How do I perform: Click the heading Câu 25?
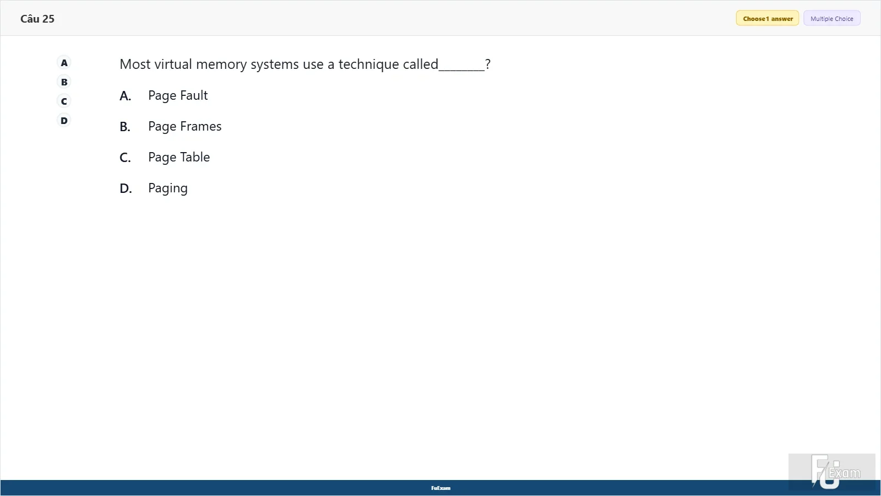tap(37, 19)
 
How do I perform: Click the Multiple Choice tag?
tap(832, 19)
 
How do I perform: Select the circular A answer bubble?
tap(64, 63)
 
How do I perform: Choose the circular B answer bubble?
tap(64, 82)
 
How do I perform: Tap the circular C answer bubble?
tap(64, 101)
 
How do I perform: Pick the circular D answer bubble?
tap(64, 121)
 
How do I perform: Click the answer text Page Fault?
tap(178, 96)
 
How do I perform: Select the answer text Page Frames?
tap(185, 127)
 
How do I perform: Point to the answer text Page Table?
tap(179, 158)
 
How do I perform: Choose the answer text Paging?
tap(168, 188)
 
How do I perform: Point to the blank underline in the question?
tap(462, 70)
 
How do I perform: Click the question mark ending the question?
tap(488, 64)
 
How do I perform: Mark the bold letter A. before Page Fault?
tap(126, 96)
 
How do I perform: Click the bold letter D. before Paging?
tap(126, 188)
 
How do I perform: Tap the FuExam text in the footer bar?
tap(441, 488)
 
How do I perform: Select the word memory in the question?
tap(221, 64)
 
